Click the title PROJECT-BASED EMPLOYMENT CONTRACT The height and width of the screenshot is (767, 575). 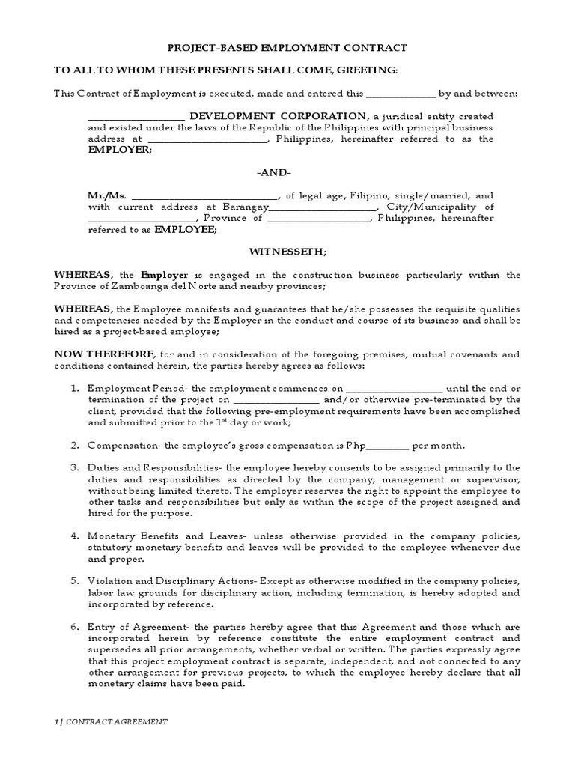(x=287, y=47)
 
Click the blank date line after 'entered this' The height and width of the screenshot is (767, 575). (x=401, y=94)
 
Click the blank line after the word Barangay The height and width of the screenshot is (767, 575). (x=322, y=207)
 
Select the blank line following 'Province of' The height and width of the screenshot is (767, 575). (x=318, y=219)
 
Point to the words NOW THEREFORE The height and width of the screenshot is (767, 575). (x=104, y=354)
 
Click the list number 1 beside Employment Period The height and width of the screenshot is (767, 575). (x=74, y=389)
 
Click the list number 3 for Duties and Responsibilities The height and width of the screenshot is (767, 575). (x=74, y=468)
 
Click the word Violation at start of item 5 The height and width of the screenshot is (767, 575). (x=109, y=582)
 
